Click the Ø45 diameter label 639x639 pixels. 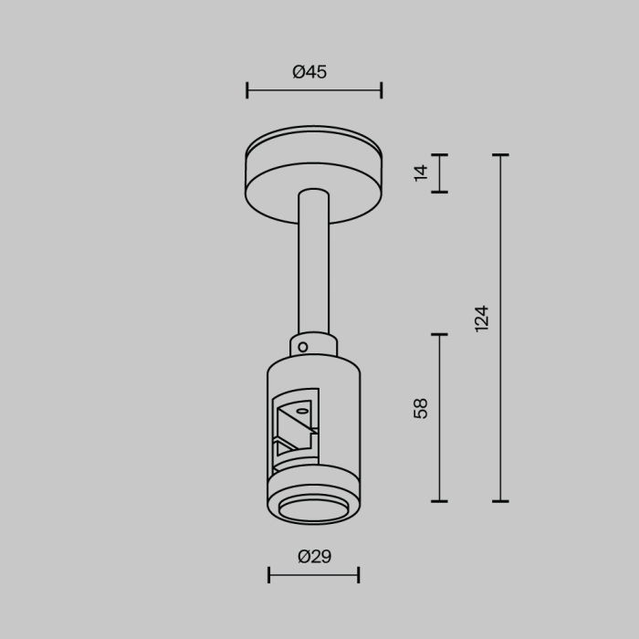309,72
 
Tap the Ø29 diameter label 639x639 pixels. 314,556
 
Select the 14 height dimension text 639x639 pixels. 421,173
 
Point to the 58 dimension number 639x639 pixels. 421,408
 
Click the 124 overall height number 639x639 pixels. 482,318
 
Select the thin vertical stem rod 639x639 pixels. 313,265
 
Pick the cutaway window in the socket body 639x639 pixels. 295,428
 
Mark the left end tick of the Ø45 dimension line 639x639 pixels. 247,90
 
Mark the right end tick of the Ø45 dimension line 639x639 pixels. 381,90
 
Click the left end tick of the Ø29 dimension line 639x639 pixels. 269,575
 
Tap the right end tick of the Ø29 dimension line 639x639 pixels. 358,575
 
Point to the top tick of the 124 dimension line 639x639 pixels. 499,155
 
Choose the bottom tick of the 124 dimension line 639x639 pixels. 499,501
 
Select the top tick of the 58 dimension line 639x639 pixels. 439,335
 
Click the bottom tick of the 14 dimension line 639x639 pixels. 439,192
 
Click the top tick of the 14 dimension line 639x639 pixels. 439,155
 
